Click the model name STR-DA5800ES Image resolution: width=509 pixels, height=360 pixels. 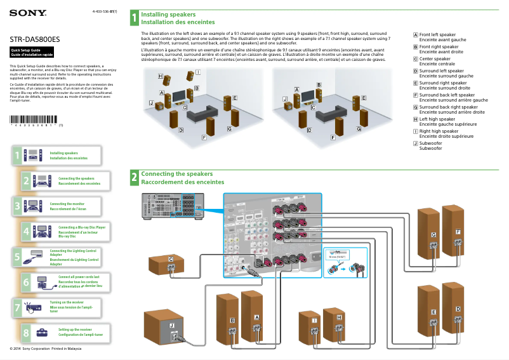35,39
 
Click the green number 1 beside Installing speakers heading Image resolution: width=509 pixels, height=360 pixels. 134,17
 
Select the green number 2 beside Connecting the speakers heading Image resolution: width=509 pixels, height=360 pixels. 134,178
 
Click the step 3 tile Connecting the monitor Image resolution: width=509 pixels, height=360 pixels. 57,206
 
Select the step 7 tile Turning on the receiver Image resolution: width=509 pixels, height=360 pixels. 57,307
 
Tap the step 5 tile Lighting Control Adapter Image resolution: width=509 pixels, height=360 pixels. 57,257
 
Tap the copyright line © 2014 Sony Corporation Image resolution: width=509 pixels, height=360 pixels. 43,349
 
